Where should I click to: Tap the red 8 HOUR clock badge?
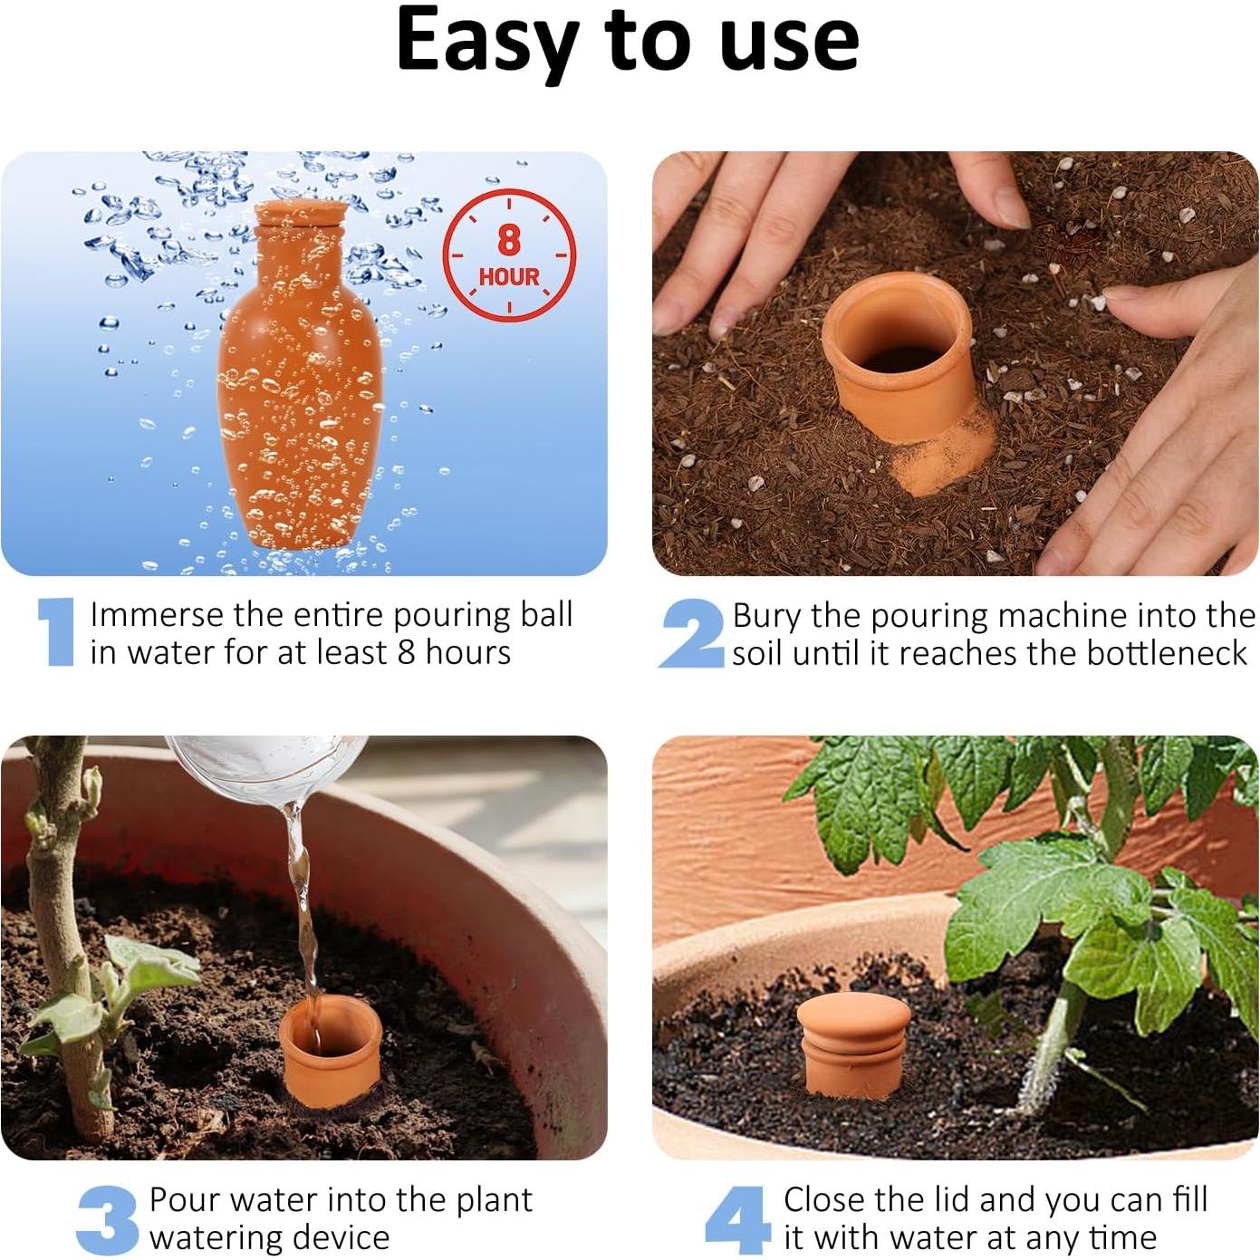(509, 255)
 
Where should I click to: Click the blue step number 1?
(57, 631)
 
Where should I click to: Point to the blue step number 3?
(109, 1217)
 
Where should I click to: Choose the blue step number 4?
(736, 1219)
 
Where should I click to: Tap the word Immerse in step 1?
(157, 614)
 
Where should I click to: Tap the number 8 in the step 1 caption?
(407, 652)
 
